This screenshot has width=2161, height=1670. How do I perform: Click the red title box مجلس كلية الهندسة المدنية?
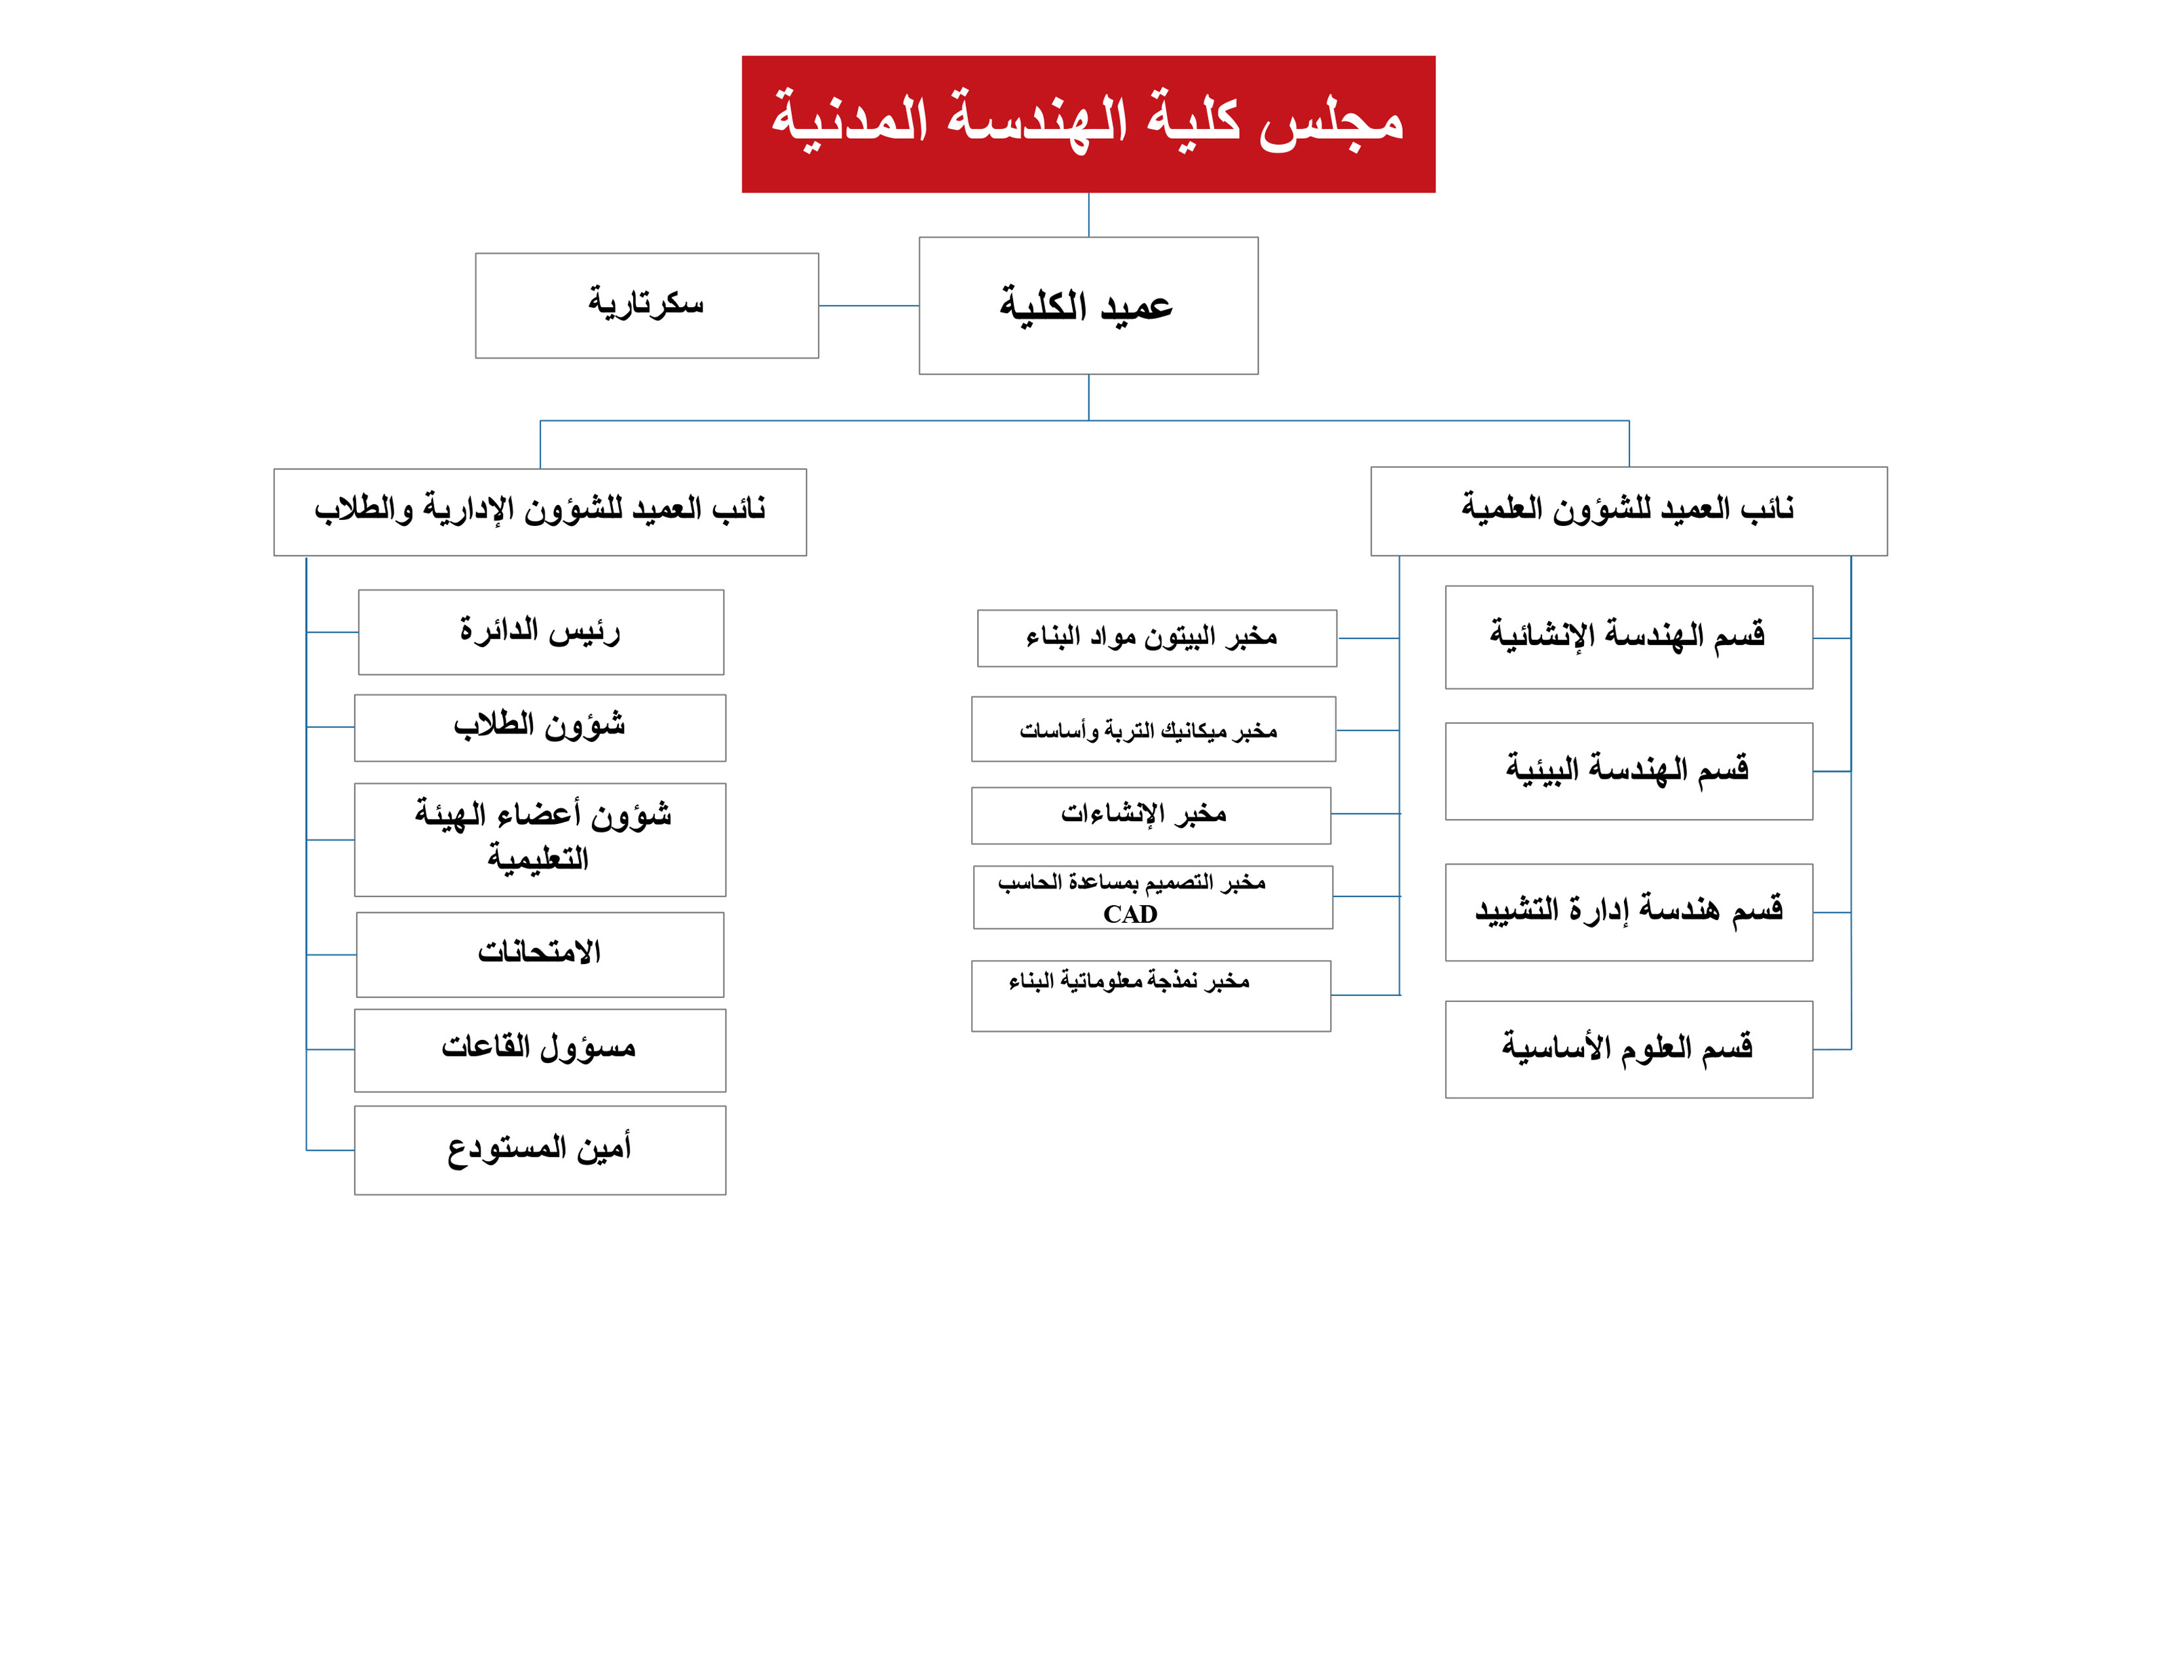[1088, 124]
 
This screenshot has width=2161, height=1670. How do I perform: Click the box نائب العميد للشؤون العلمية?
[1628, 511]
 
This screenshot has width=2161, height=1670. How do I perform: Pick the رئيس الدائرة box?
[540, 631]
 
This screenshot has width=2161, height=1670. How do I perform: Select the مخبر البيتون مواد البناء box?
[1156, 638]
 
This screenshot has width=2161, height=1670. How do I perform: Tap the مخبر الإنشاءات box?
[1150, 815]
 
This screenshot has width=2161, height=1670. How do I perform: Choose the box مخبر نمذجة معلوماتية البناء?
[1150, 995]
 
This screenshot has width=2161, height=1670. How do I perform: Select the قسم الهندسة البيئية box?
[1628, 771]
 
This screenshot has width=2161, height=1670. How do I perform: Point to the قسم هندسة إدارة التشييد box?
[1628, 911]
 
